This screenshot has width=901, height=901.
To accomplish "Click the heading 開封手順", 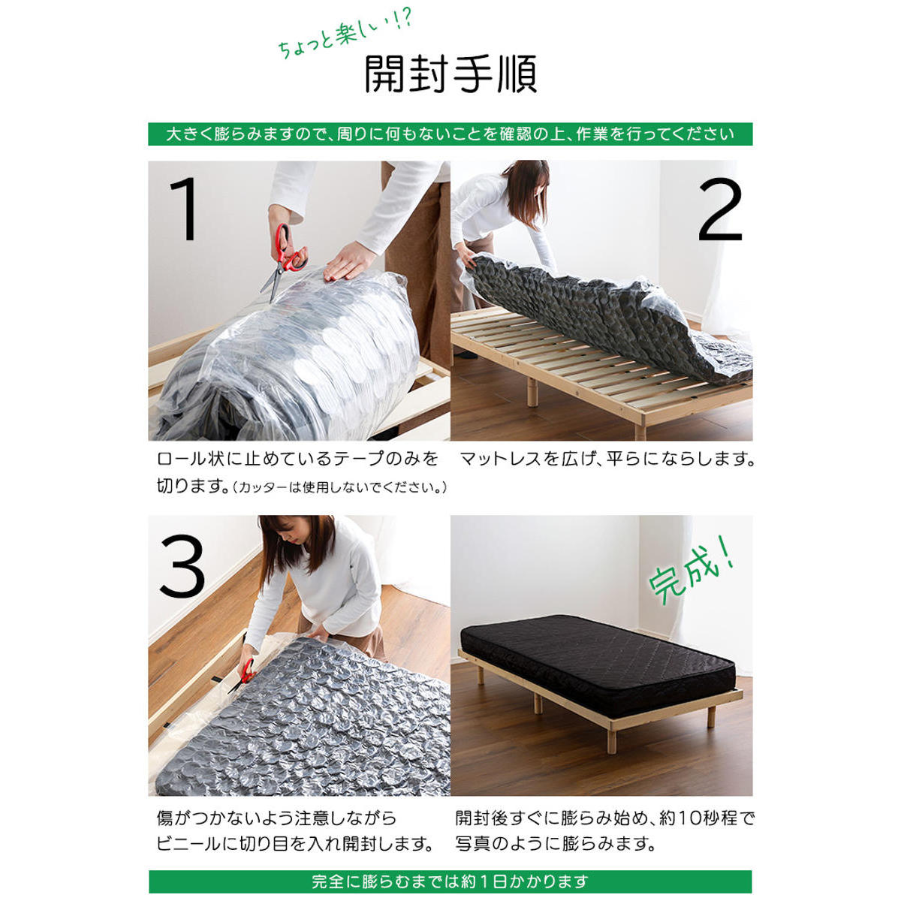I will (x=450, y=74).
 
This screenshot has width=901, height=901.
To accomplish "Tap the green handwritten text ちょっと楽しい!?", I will (x=345, y=38).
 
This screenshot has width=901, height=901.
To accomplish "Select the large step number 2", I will (x=719, y=209).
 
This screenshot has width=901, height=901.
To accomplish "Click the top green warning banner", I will (x=450, y=134).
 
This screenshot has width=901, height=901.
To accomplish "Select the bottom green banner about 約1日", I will (x=450, y=881).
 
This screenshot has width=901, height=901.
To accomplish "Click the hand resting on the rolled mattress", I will (x=350, y=262).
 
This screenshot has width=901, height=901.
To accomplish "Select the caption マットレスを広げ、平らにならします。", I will (x=607, y=459).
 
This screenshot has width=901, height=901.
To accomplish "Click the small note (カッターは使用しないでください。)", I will (x=341, y=488).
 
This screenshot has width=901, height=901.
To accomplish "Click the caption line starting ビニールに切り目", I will (x=295, y=844).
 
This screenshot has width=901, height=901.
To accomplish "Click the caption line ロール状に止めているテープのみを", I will (x=297, y=459).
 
